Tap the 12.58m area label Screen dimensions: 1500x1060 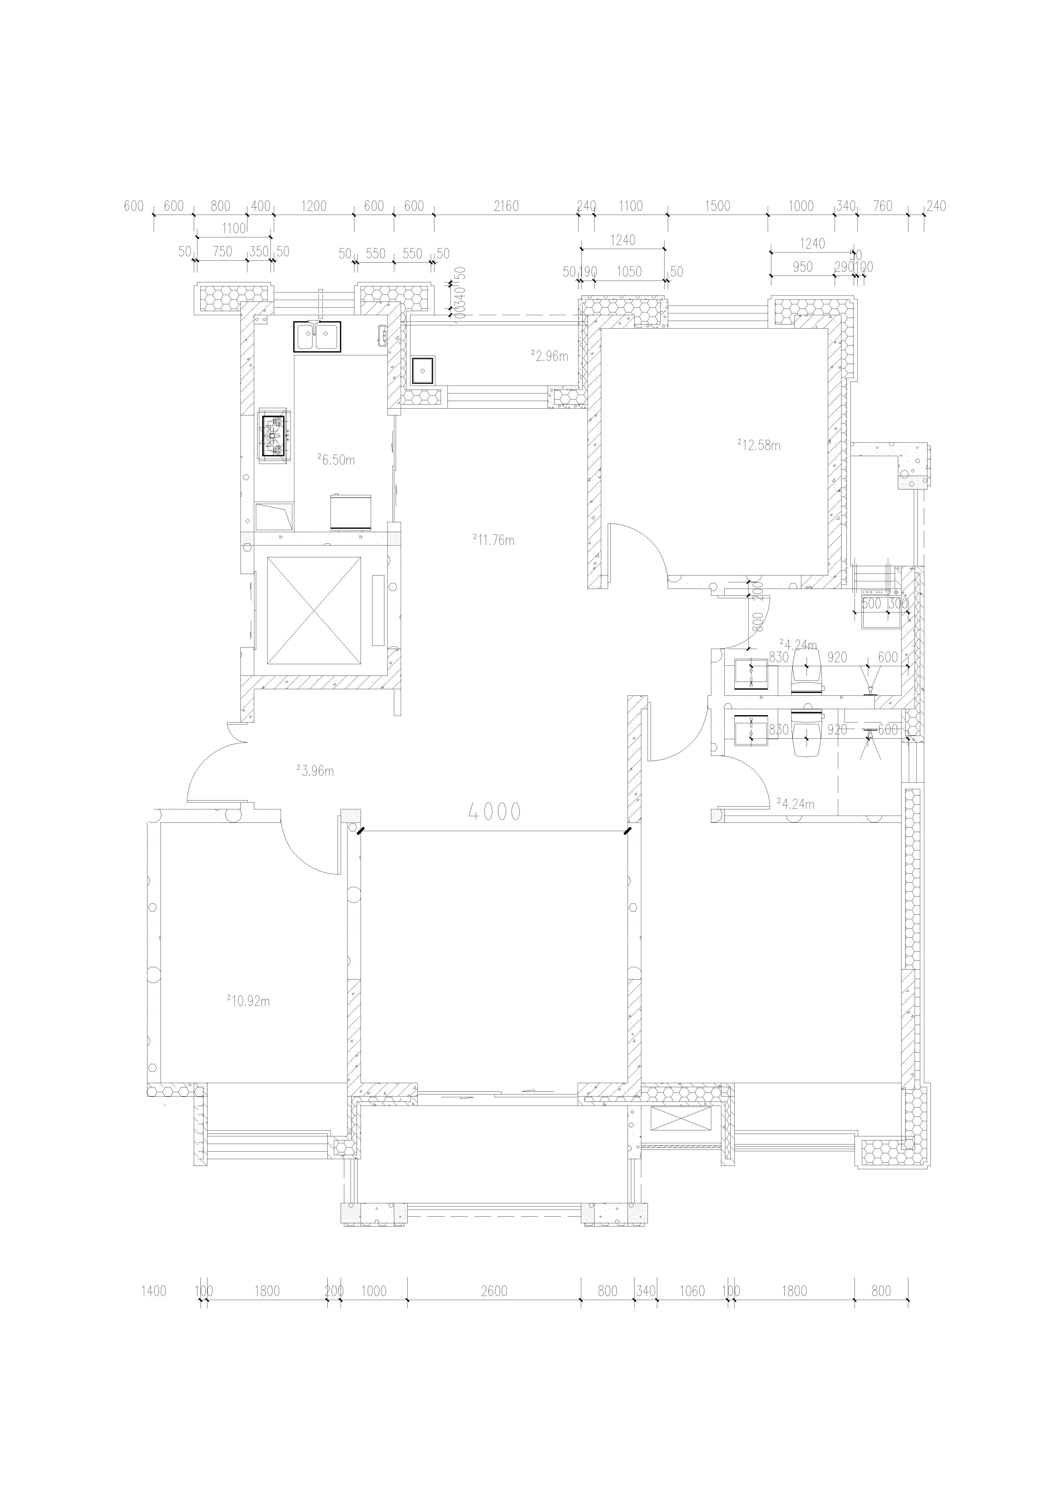coord(760,445)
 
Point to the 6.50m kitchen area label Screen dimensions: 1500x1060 coord(337,459)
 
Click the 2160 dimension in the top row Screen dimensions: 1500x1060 coord(506,207)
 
